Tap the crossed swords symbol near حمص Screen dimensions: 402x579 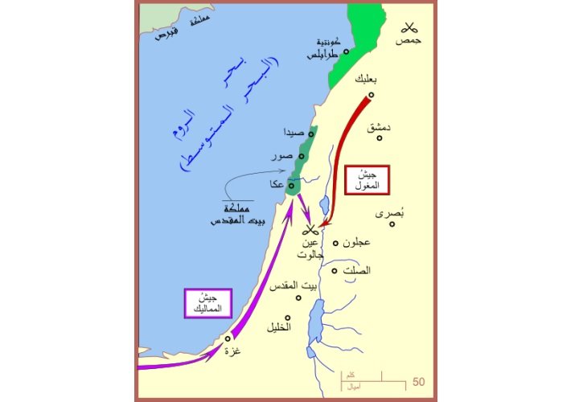click(413, 25)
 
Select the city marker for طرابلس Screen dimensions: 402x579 click(347, 52)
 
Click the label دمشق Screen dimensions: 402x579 click(378, 127)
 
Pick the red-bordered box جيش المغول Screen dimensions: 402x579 click(367, 181)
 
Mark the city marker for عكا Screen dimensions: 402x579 click(292, 186)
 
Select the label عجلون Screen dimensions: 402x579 click(356, 243)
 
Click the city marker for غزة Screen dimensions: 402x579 click(228, 338)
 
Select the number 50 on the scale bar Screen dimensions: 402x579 click(419, 381)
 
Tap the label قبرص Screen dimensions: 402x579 click(169, 35)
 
